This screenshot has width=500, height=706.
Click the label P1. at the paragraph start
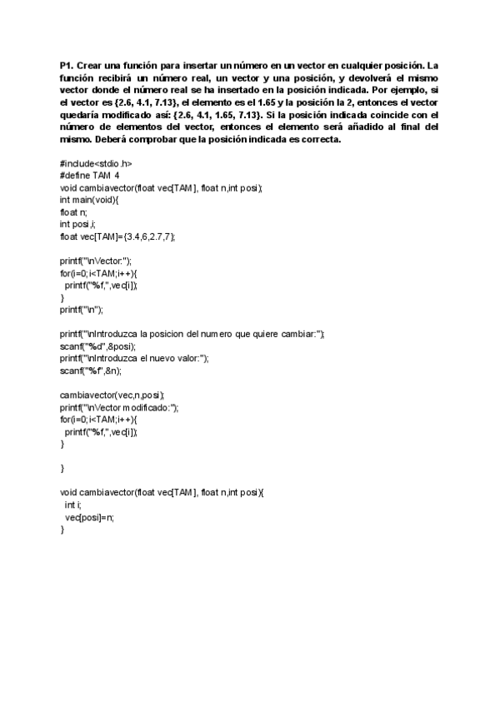[67, 64]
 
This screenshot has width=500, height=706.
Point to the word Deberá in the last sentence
[107, 139]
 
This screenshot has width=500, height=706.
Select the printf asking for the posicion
[192, 334]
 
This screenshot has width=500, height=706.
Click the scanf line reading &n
[91, 370]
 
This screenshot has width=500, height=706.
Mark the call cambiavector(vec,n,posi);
[112, 395]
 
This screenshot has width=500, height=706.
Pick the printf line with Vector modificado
[119, 407]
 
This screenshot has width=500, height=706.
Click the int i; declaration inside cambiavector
[72, 505]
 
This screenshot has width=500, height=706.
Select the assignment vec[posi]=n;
[89, 517]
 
